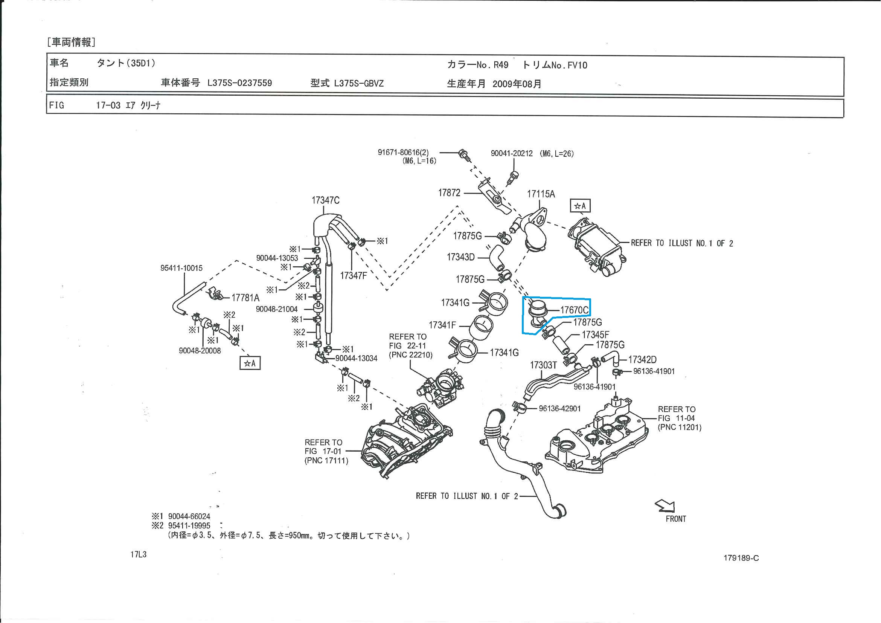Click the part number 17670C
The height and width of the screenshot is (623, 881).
(x=574, y=310)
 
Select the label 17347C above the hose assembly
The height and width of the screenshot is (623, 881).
(x=325, y=200)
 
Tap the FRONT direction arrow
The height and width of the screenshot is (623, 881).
(x=665, y=506)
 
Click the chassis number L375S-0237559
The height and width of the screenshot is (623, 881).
(x=239, y=83)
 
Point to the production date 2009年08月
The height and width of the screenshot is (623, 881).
(x=517, y=84)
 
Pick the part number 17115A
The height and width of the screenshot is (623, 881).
(x=541, y=194)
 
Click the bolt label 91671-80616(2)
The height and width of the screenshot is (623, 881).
(x=403, y=153)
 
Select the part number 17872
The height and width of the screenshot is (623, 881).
(x=449, y=193)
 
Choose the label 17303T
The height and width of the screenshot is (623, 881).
(x=543, y=365)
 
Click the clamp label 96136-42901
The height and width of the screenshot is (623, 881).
(x=559, y=409)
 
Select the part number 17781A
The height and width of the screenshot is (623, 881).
(x=245, y=298)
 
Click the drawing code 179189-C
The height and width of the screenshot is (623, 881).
(x=741, y=558)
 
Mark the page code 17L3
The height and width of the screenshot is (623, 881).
(x=138, y=555)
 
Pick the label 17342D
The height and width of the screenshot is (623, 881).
(x=642, y=360)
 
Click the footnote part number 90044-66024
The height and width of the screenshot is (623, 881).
(x=189, y=517)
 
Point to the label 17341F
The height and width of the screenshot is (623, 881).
(x=442, y=325)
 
